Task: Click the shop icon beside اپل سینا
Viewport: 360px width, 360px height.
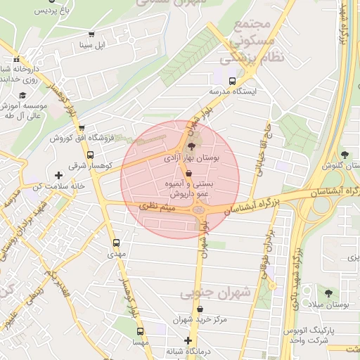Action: pyautogui.click(x=91, y=35)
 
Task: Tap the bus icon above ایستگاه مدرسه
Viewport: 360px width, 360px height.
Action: pyautogui.click(x=233, y=80)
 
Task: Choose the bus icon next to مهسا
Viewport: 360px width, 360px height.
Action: pyautogui.click(x=141, y=331)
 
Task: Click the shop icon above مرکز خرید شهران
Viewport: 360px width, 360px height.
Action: pyautogui.click(x=201, y=309)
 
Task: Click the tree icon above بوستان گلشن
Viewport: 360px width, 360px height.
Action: pyautogui.click(x=344, y=155)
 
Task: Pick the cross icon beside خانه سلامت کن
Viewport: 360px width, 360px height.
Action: pyautogui.click(x=58, y=174)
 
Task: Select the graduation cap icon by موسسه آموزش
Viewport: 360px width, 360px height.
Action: pyautogui.click(x=22, y=95)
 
